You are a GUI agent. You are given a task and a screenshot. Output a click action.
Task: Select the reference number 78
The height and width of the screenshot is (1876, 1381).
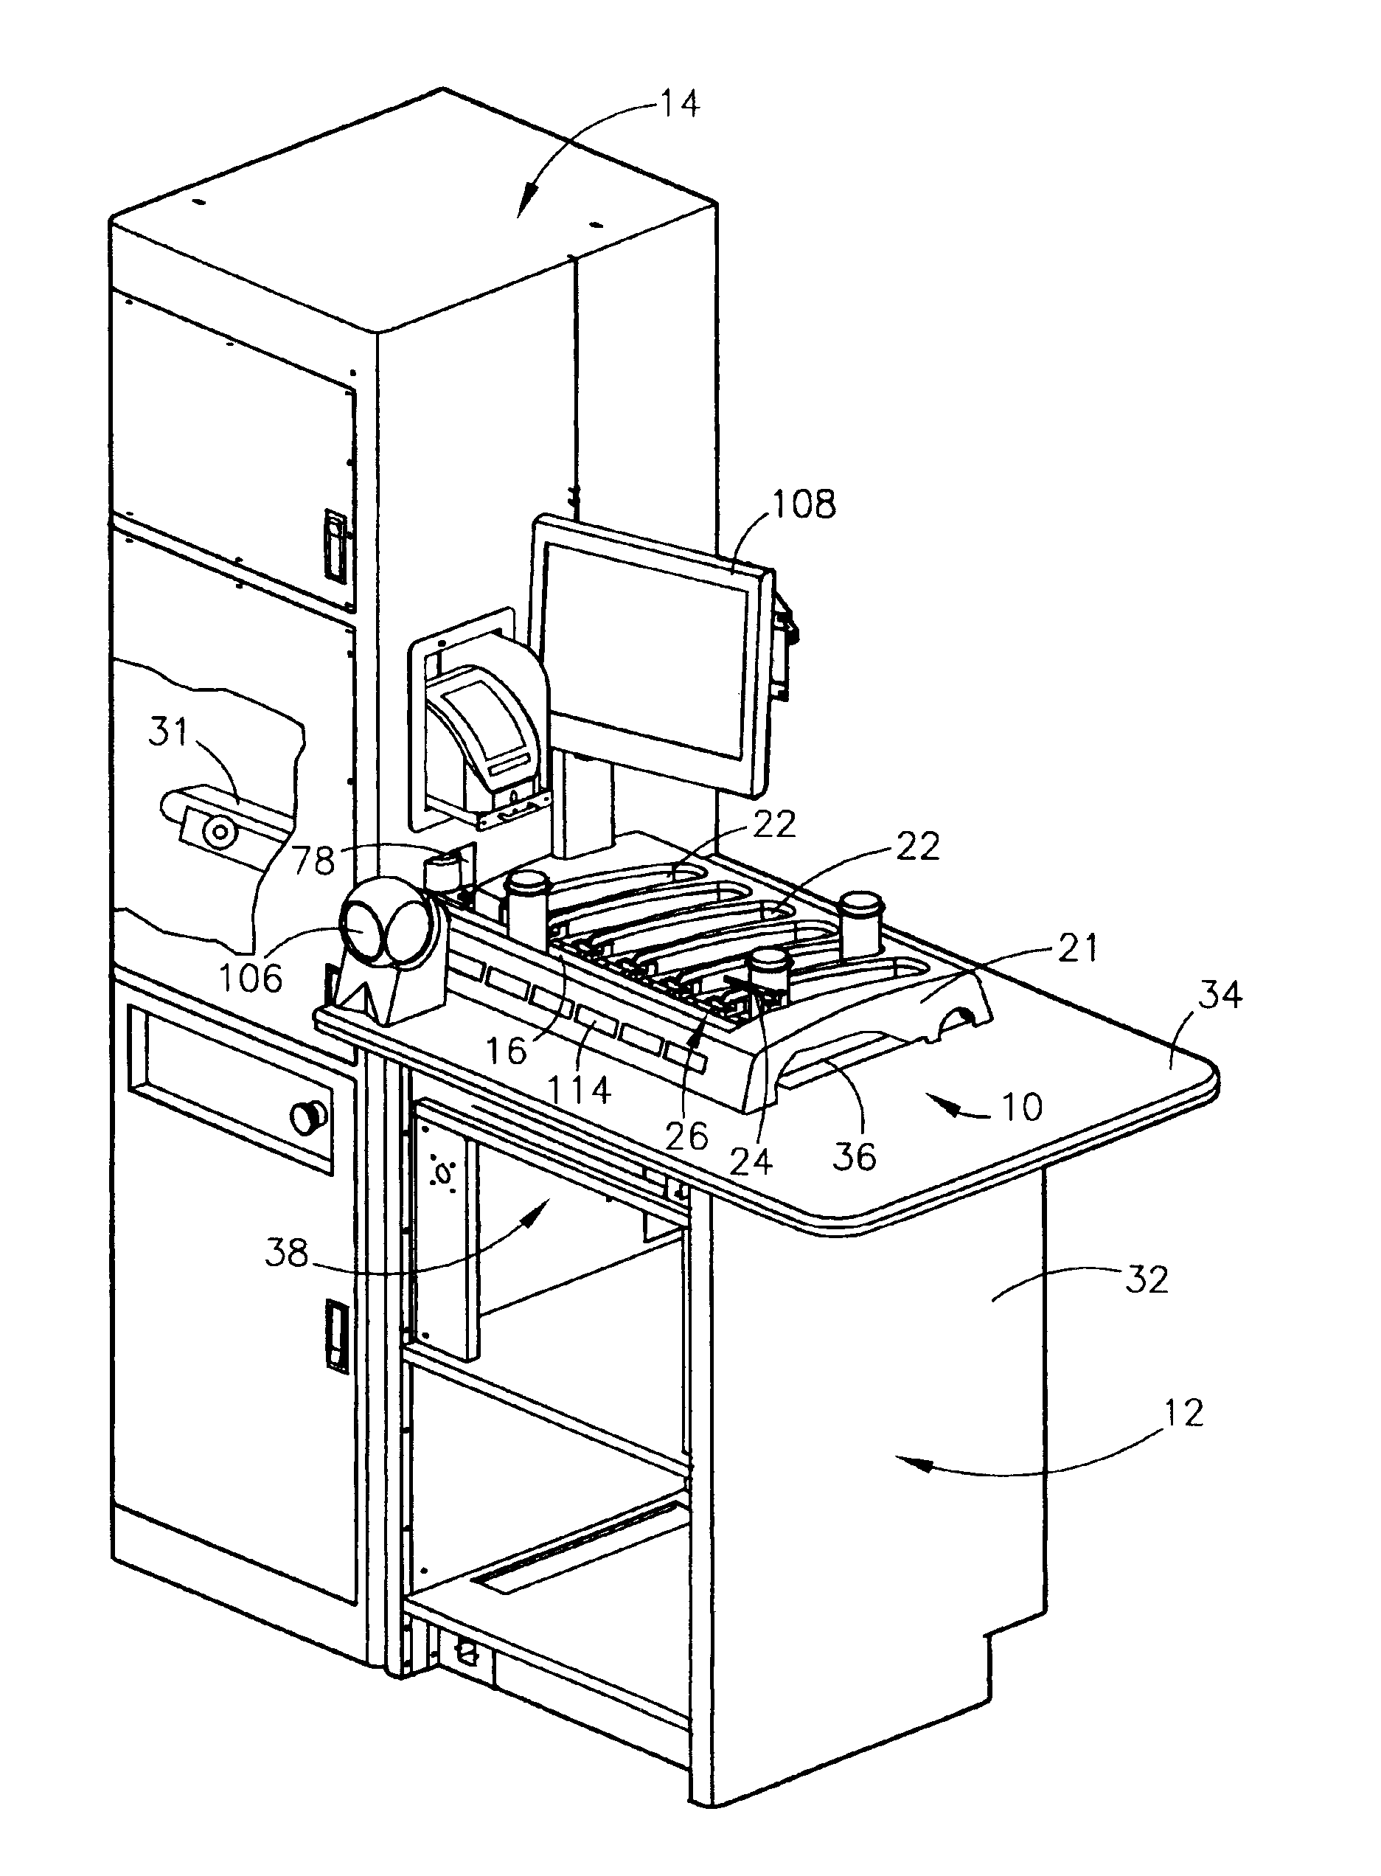[314, 859]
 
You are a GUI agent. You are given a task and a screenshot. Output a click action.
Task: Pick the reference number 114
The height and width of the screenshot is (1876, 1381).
[580, 1089]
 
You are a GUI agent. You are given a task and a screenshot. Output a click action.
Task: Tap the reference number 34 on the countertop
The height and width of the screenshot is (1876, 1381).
[1220, 996]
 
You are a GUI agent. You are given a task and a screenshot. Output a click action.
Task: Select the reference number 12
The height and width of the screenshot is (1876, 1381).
[1182, 1414]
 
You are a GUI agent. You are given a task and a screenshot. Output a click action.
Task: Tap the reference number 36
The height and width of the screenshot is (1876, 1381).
[855, 1156]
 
